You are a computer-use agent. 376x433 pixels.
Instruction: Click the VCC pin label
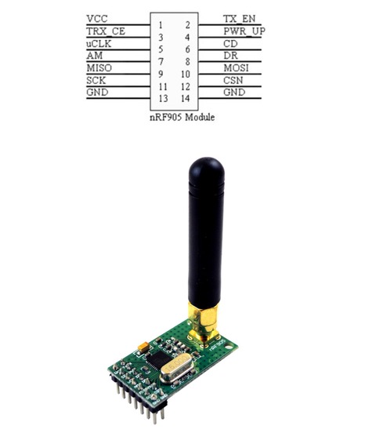point(96,17)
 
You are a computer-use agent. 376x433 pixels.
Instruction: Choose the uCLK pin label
point(98,44)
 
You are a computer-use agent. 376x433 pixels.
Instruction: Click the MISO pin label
point(99,69)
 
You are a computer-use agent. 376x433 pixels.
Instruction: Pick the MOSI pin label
point(236,69)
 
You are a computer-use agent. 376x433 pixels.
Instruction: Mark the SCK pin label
point(96,81)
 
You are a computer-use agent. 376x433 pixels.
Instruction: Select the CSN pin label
point(233,81)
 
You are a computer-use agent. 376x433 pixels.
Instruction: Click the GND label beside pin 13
point(97,93)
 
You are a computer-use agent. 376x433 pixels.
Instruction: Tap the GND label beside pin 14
point(234,93)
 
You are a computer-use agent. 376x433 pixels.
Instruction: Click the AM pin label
point(93,56)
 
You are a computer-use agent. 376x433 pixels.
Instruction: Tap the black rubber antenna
point(204,227)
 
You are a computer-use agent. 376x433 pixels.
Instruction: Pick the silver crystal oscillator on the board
point(178,371)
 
